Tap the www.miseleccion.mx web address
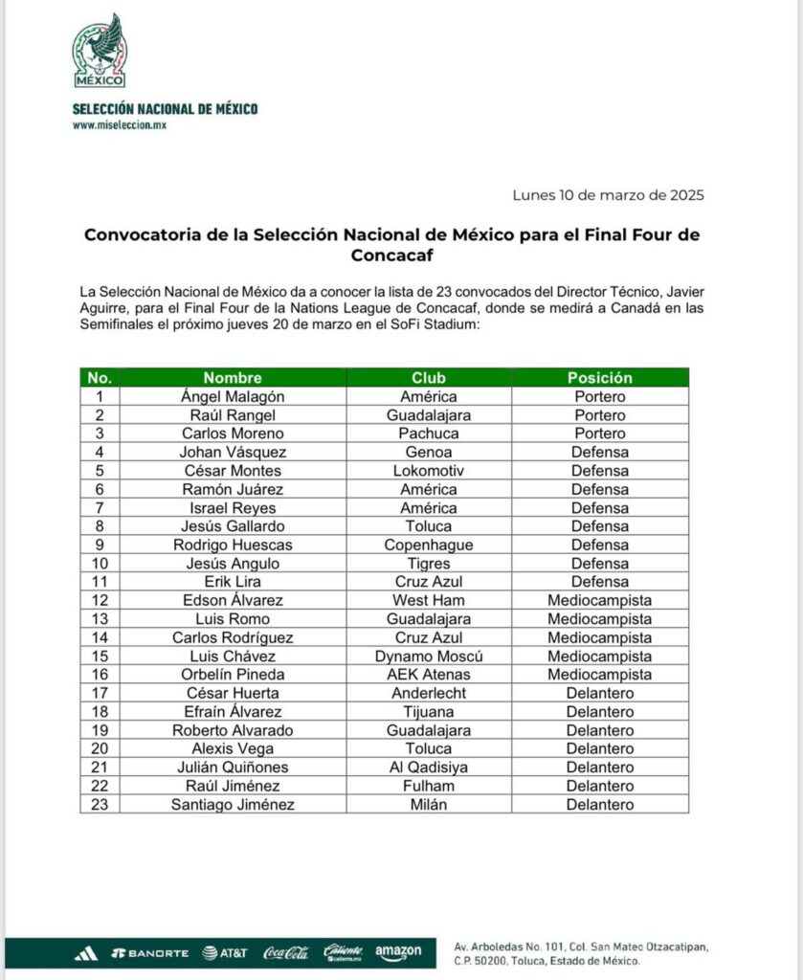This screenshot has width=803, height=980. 120,125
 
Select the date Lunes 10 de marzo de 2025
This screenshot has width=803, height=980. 608,195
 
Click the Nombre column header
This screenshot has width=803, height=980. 233,378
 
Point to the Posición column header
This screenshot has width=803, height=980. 600,378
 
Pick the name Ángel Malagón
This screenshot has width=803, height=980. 233,396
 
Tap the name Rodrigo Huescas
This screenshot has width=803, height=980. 233,545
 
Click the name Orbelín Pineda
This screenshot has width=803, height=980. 233,675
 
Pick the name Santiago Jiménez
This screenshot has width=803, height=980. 233,805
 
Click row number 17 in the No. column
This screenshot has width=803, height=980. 99,693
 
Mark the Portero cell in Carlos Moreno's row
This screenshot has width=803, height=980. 600,434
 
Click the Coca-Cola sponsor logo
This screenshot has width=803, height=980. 286,952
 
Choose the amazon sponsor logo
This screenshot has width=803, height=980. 398,952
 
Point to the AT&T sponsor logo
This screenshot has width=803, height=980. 225,953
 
